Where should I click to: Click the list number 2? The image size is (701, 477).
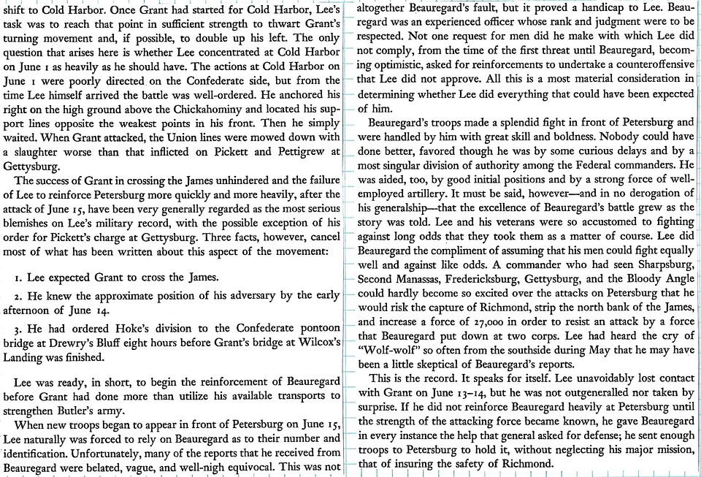point(18,295)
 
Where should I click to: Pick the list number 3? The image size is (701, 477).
point(18,330)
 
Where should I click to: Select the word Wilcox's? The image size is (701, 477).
point(313,344)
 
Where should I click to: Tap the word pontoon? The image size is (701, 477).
point(319,330)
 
